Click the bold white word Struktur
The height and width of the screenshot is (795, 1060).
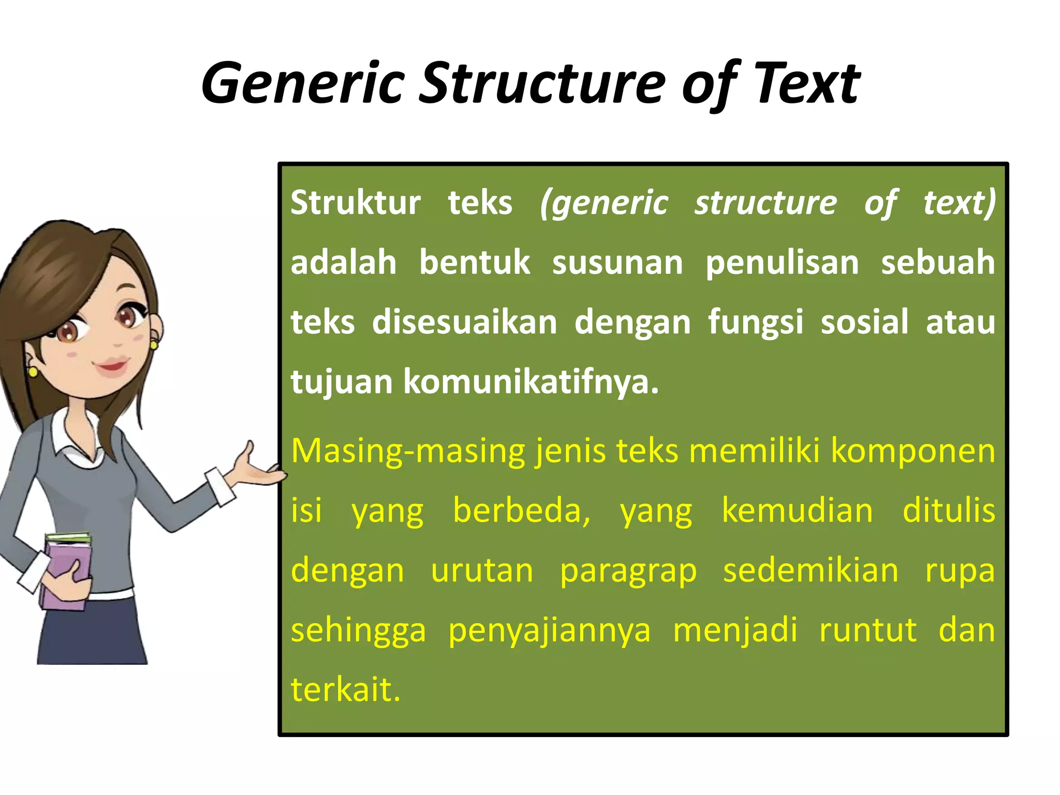tap(356, 203)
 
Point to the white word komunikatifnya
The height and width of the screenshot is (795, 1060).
tap(531, 382)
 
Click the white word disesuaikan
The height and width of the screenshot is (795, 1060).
tap(464, 322)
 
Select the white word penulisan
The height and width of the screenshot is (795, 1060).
tap(782, 262)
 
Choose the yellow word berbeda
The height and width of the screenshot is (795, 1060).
tap(521, 510)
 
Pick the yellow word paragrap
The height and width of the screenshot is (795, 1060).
tap(628, 570)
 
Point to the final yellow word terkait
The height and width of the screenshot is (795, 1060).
tap(345, 690)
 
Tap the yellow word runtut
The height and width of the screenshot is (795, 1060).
tap(867, 630)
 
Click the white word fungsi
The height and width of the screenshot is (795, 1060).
tap(755, 322)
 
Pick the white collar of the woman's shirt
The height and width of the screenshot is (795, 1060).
tap(78, 440)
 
